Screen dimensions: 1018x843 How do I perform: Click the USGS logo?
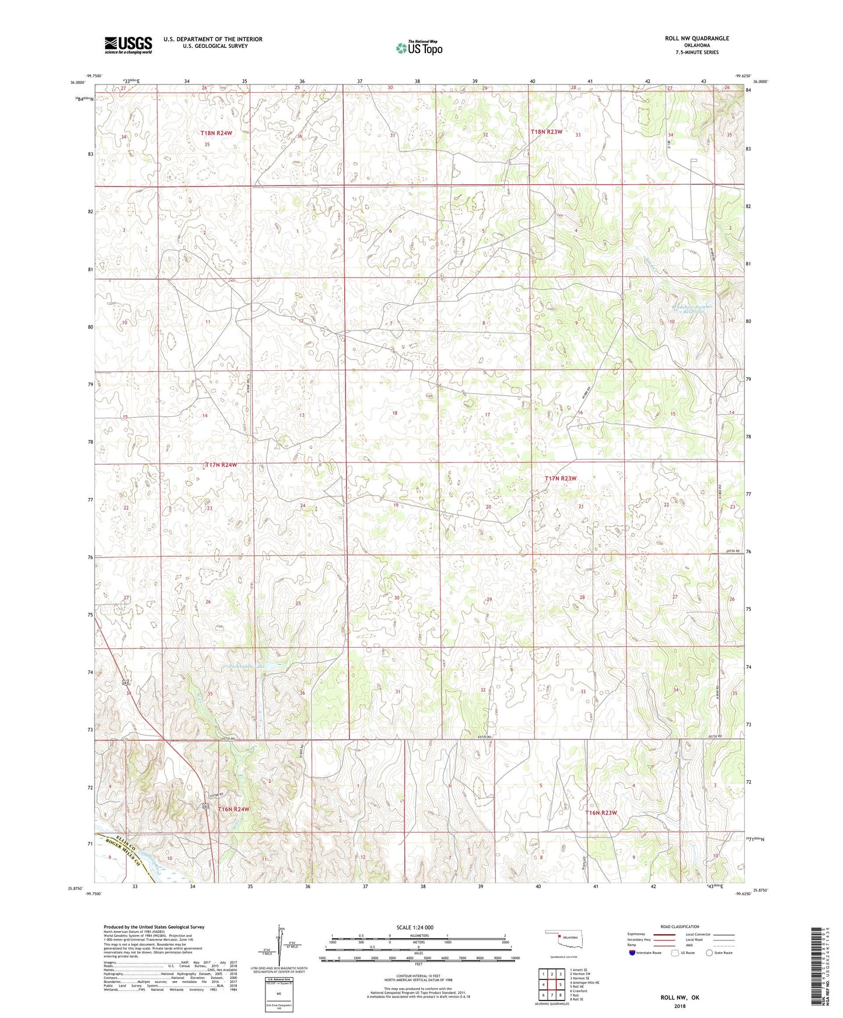128,44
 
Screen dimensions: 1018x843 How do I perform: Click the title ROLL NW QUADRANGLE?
697,38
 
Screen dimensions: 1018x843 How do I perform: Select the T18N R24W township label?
216,134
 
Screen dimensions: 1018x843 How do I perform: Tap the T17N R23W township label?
560,478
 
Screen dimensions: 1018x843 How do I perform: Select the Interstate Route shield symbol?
632,953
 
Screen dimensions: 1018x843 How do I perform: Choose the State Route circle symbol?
709,953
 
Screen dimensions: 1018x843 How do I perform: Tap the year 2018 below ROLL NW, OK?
680,1006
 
